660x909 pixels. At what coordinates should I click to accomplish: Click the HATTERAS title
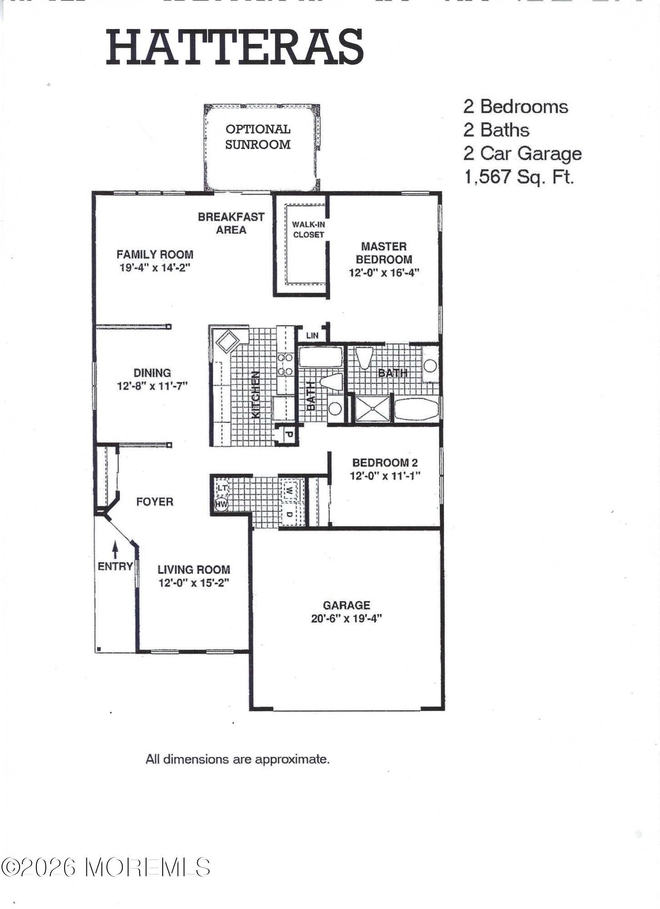[x=235, y=47]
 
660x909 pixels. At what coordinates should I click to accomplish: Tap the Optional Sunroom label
[x=258, y=137]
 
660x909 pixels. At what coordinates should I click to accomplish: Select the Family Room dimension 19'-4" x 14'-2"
[x=155, y=267]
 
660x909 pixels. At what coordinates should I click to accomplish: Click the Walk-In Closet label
[x=308, y=230]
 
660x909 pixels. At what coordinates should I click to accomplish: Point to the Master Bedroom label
[x=384, y=253]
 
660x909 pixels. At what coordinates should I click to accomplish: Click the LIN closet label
[x=312, y=335]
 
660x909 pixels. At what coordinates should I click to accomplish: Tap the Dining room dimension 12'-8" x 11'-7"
[x=152, y=386]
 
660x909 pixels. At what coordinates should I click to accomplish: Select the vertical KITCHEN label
[x=256, y=395]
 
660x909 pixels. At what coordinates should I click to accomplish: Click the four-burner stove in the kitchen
[x=285, y=365]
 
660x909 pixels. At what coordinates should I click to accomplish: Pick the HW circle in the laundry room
[x=221, y=504]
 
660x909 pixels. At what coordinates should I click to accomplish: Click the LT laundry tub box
[x=222, y=488]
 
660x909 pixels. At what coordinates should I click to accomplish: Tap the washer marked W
[x=289, y=491]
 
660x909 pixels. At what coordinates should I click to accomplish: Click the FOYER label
[x=155, y=502]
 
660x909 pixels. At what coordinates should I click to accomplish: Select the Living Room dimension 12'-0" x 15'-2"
[x=194, y=583]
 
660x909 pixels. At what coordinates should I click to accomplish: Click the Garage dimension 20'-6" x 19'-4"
[x=346, y=618]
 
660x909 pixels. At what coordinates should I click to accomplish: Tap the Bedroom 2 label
[x=385, y=463]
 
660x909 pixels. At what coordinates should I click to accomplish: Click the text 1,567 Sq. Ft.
[x=519, y=177]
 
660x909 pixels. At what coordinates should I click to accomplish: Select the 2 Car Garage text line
[x=522, y=153]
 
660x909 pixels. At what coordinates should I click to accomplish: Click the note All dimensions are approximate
[x=237, y=759]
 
